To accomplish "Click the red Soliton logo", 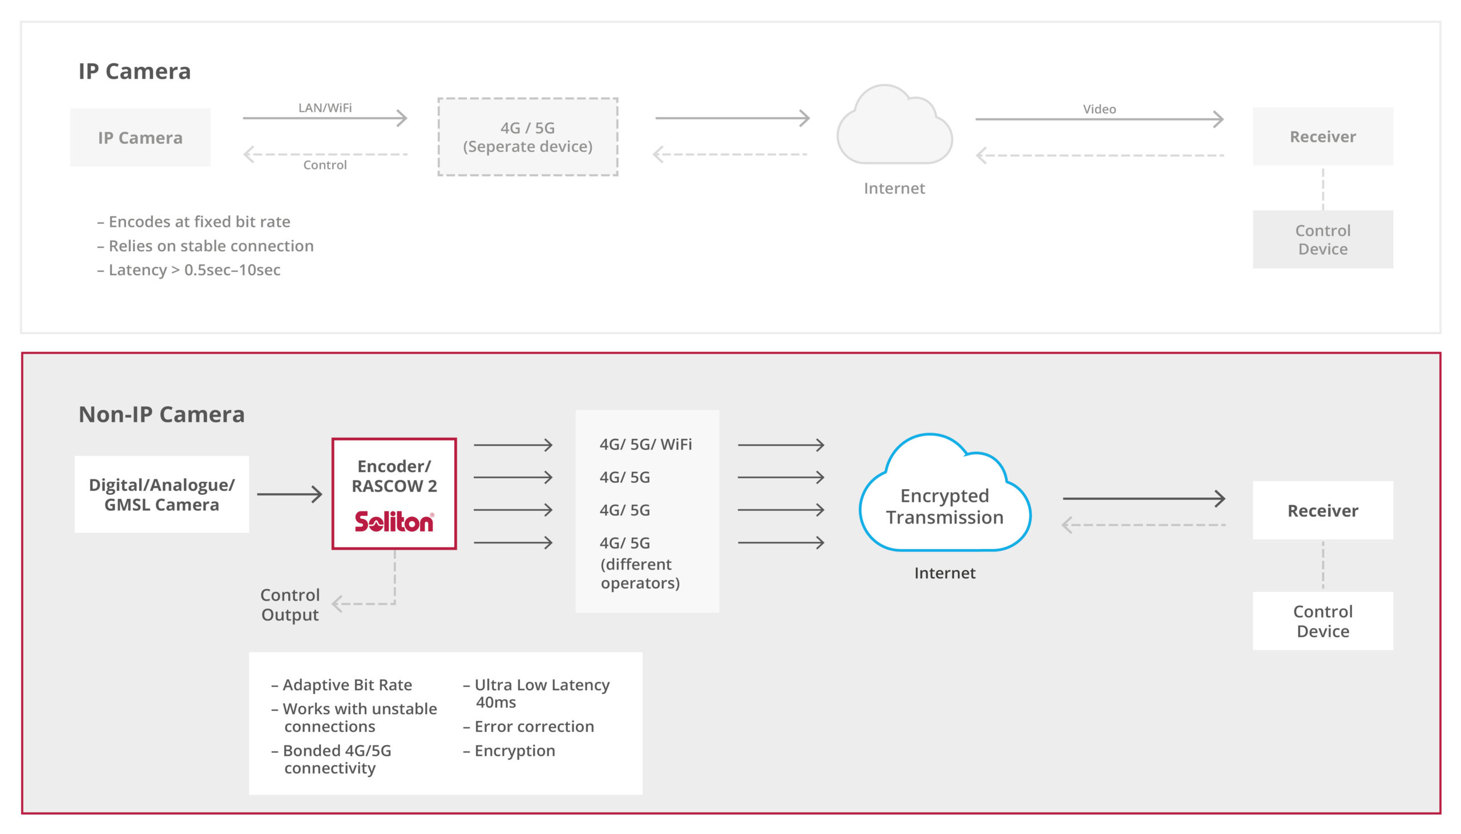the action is (394, 521).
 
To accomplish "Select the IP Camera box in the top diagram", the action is (140, 138).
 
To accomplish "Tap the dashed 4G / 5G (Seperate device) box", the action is (528, 137).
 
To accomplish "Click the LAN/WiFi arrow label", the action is (325, 108).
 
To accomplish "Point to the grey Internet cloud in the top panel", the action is (894, 125).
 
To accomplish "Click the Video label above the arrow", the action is (1099, 109).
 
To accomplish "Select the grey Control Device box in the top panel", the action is (1322, 239).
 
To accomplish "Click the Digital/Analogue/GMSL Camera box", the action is (162, 494).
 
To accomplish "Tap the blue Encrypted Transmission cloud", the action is (945, 493).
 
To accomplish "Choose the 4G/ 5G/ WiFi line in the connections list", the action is (646, 445).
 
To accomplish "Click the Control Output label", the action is (290, 605).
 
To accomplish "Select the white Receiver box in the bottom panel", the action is (1322, 510).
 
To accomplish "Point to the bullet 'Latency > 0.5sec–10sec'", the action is (189, 270).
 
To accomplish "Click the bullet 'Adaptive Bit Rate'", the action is (342, 685).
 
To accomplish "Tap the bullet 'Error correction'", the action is (528, 726).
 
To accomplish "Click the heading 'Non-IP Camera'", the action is (162, 414).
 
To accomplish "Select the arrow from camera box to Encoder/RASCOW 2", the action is (290, 494).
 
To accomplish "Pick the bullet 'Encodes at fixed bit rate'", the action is (194, 221).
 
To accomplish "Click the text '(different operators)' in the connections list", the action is (640, 573).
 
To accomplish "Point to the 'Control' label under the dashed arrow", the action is (325, 165).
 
